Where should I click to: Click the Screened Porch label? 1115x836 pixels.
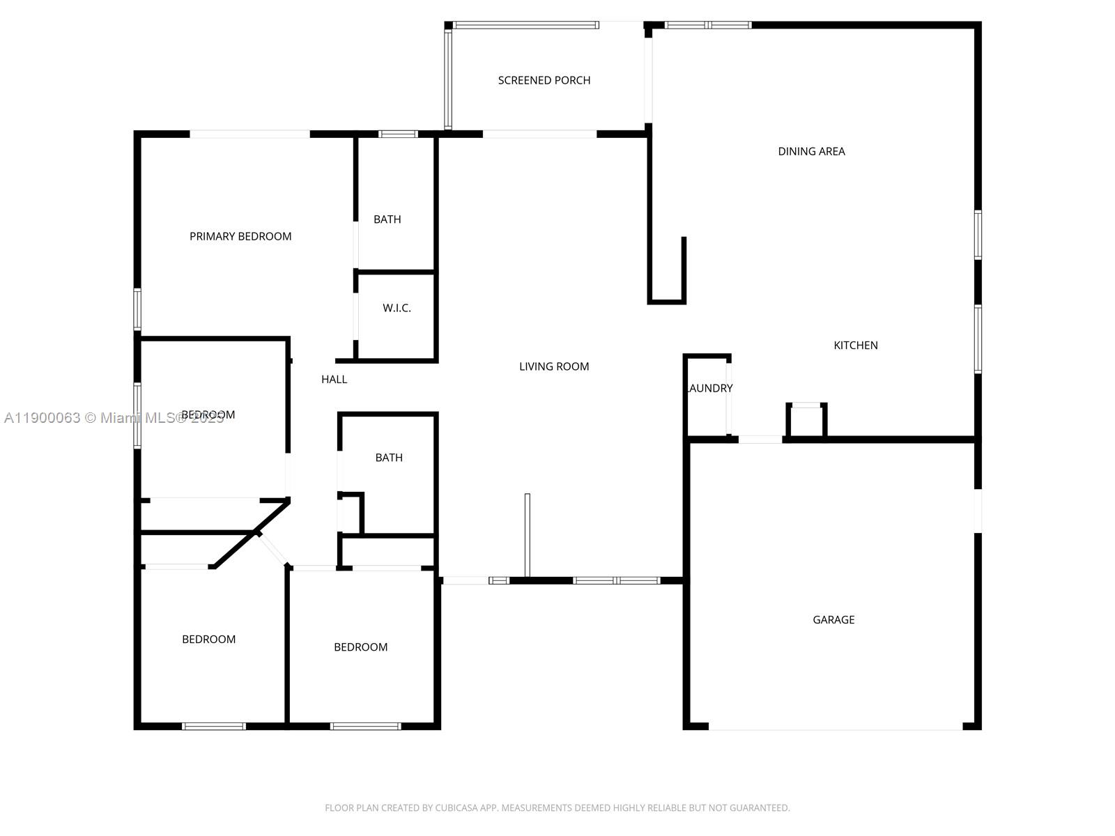click(544, 80)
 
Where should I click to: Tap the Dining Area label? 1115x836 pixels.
click(811, 151)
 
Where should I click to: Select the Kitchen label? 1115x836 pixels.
click(856, 345)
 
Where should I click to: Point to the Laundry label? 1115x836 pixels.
click(709, 388)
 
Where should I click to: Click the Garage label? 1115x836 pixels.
click(833, 619)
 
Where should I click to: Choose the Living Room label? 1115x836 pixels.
click(554, 366)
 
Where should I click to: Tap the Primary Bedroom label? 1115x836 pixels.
click(240, 236)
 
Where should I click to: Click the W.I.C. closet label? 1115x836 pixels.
click(397, 308)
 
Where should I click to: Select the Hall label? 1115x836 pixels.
click(334, 379)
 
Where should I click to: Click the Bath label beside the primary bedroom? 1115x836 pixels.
click(387, 219)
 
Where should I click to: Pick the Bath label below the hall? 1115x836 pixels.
click(389, 458)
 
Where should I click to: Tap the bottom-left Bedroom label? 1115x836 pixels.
click(208, 639)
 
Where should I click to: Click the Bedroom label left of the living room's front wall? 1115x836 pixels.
click(360, 647)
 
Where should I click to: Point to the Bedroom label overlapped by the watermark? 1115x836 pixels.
click(208, 415)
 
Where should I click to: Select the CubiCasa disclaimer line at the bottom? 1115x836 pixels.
click(557, 808)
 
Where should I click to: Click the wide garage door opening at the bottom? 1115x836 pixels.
click(835, 727)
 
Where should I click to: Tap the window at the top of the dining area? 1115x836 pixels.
click(707, 25)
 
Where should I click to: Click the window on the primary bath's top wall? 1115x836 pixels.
click(398, 134)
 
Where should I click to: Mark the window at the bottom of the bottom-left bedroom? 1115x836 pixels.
click(214, 727)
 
